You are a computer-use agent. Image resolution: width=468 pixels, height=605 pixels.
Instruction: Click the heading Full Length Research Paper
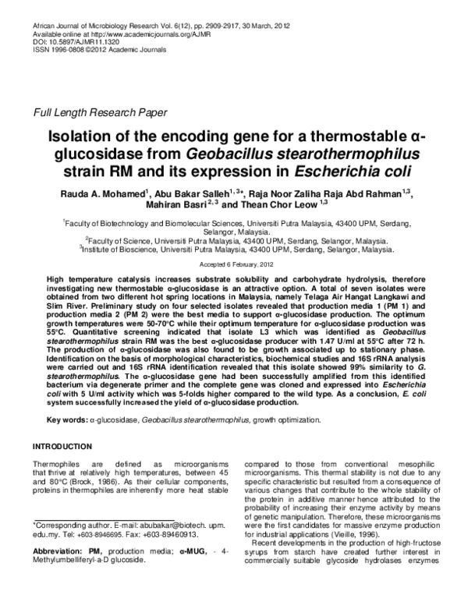point(99,112)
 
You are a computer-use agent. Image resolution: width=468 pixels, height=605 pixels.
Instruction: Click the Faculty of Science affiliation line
point(236,242)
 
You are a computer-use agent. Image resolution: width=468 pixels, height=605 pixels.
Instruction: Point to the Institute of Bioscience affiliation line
point(236,250)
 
